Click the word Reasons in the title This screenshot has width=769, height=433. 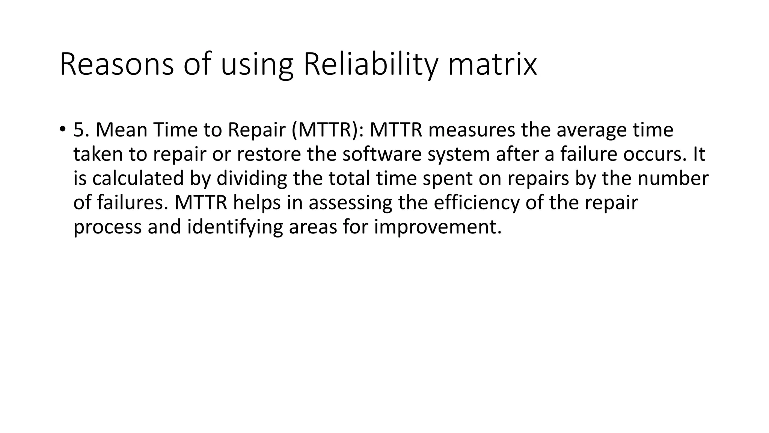[x=116, y=65]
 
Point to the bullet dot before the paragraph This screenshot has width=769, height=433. [x=62, y=129]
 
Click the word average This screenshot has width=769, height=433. [x=591, y=130]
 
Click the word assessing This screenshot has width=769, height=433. [x=350, y=203]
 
